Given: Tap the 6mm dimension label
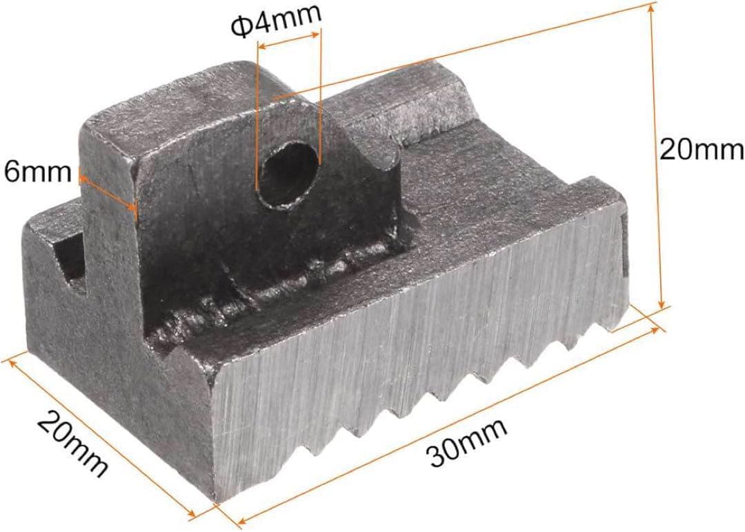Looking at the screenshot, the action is [37, 172].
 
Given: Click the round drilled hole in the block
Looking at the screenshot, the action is [287, 175].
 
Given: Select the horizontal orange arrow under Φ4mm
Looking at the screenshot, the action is [288, 40].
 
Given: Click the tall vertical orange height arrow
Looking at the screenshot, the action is [656, 156].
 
